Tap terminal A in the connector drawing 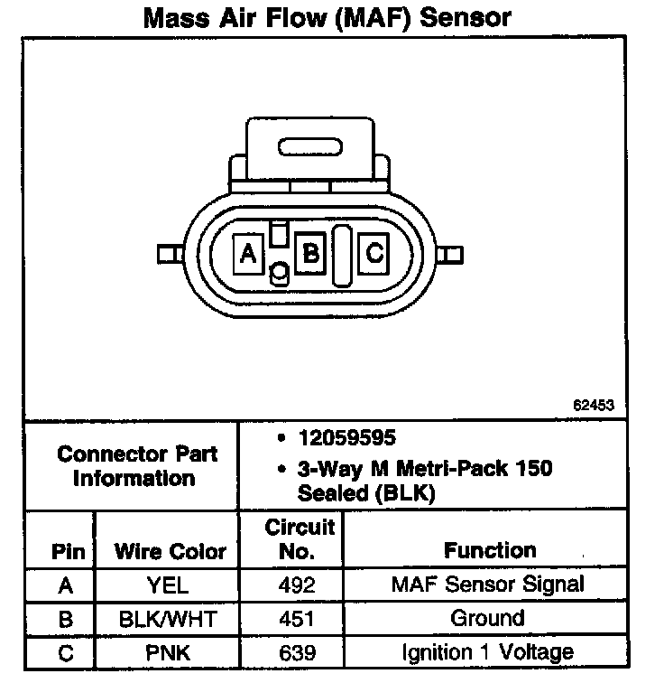(246, 253)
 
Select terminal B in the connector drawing (311, 253)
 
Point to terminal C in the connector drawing (374, 253)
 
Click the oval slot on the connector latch (309, 146)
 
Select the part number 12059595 (346, 438)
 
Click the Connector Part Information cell (134, 465)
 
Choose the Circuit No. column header (300, 538)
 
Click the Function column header (490, 550)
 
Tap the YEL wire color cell (170, 585)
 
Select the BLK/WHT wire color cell (170, 619)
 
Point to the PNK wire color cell (170, 651)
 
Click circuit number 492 (298, 585)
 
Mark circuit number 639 (298, 651)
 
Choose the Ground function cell (487, 619)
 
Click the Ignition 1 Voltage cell (487, 651)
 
